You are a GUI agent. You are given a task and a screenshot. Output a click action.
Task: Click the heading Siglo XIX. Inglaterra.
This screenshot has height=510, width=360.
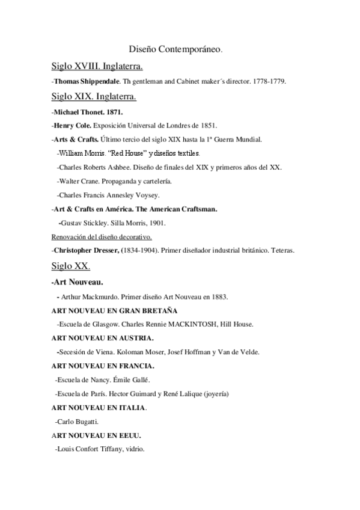(94, 96)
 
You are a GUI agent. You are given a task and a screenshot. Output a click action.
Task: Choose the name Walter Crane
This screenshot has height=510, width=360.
(79, 180)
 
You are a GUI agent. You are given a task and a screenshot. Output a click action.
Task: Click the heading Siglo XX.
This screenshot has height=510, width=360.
(70, 266)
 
